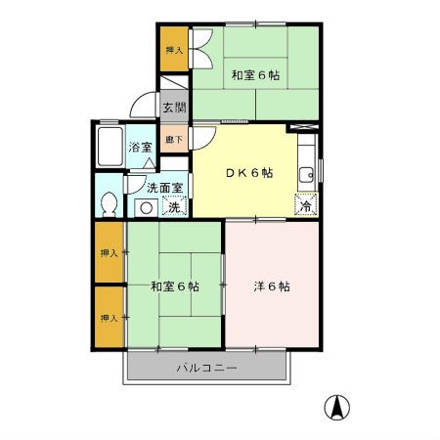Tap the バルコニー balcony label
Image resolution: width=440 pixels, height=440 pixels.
click(205, 369)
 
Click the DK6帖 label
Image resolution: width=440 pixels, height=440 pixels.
click(250, 173)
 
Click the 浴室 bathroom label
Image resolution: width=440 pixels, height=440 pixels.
click(141, 148)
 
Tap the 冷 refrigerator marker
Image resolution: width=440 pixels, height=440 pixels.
click(306, 205)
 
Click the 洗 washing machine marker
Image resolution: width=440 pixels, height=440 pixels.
click(173, 206)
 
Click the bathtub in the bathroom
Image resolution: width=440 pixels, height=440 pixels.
click(109, 147)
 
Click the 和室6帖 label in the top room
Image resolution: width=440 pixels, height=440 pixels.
click(254, 75)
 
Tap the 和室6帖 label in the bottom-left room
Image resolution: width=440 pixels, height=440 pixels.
click(175, 286)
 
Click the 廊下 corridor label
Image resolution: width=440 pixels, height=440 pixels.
click(170, 140)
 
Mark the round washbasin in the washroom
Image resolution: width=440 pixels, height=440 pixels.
click(145, 206)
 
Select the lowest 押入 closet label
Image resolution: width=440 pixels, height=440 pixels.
click(109, 318)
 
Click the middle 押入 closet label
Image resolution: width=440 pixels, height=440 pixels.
click(109, 253)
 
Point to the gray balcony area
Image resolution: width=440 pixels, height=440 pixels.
click(147, 369)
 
